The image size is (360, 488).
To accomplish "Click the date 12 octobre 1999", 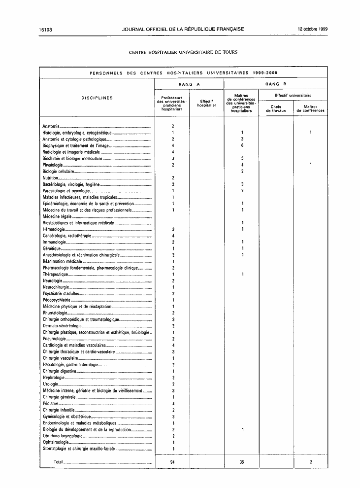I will click(312, 29).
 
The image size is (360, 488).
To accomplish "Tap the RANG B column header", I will click(276, 84).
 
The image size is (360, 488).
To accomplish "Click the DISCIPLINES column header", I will click(97, 98).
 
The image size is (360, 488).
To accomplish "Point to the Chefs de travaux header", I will click(276, 108).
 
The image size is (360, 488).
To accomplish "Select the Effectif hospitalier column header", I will click(206, 104).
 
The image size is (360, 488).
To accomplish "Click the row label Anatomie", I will click(51, 127).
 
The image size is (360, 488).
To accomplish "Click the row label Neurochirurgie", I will click(56, 287).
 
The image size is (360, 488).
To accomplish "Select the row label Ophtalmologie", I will click(56, 442).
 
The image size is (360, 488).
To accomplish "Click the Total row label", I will click(58, 462).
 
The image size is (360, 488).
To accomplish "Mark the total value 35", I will click(242, 462).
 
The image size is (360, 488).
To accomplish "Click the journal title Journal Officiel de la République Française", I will click(183, 29).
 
